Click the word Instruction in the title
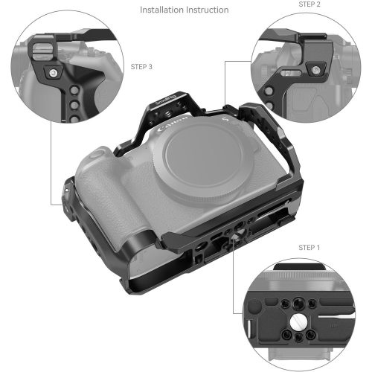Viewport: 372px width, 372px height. pos(208,10)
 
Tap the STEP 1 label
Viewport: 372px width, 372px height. pos(310,247)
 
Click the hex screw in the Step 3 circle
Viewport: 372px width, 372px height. pos(53,74)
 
